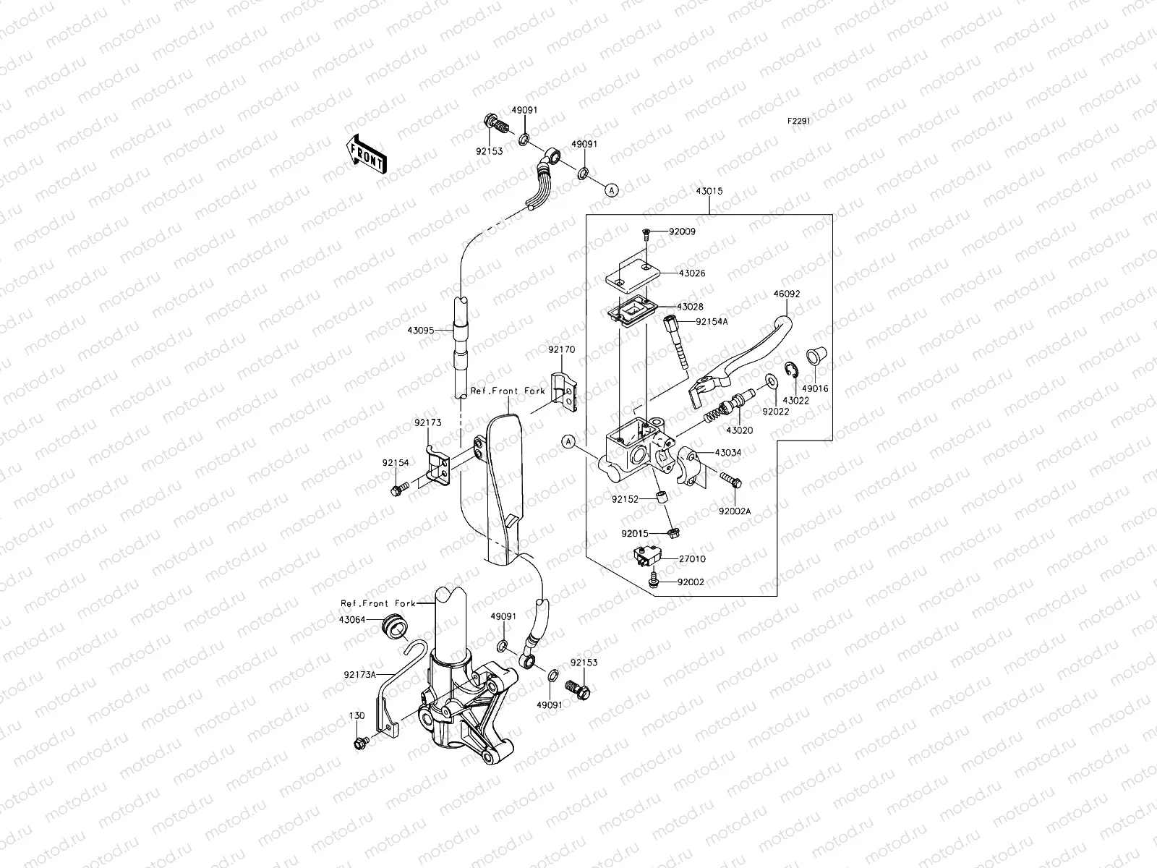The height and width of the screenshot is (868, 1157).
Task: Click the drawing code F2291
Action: (799, 122)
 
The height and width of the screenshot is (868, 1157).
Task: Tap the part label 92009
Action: (683, 232)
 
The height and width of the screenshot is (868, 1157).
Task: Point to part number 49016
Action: (816, 388)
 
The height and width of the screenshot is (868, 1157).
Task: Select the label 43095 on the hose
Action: (421, 330)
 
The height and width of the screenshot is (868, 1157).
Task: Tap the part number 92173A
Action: (359, 674)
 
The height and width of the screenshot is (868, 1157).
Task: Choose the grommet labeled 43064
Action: (394, 626)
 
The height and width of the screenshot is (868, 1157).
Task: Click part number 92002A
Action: (735, 511)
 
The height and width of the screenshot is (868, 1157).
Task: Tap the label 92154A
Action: (711, 322)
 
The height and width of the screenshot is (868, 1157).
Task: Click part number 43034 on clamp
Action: (727, 452)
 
